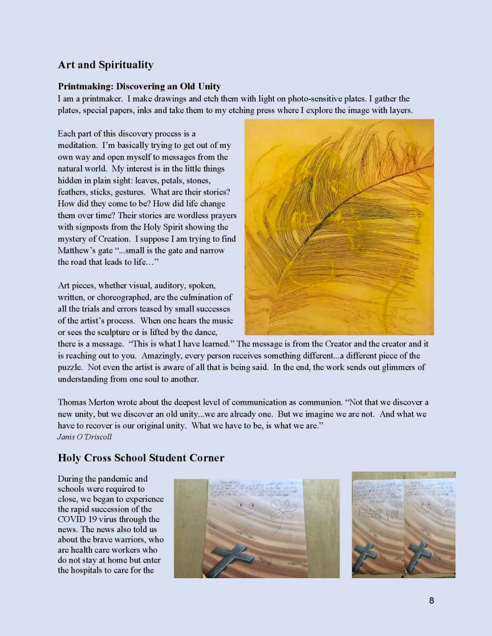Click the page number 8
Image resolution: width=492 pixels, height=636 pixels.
tap(431, 601)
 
